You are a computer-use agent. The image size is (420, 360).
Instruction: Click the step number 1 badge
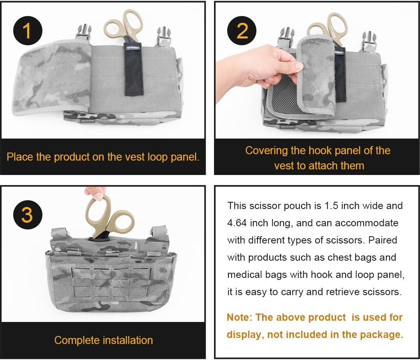28,30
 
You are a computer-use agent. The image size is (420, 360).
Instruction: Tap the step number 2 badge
242,30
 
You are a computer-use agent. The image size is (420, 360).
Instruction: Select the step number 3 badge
28,215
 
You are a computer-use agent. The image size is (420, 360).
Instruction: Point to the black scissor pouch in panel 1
134,69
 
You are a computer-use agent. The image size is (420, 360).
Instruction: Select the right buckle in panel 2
369,42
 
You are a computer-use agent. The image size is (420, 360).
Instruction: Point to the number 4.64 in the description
237,223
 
